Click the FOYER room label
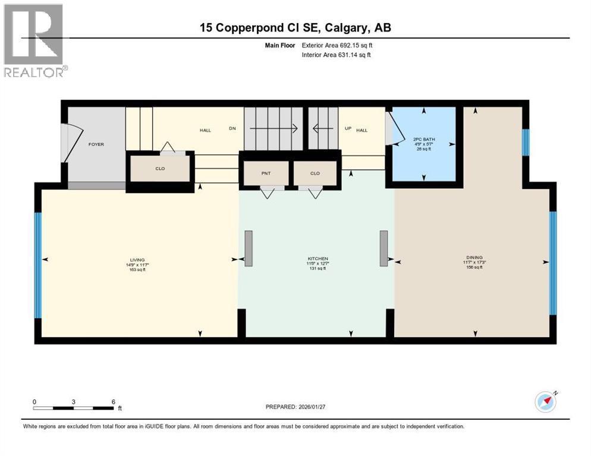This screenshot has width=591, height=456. (x=96, y=144)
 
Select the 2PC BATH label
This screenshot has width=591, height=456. (x=424, y=140)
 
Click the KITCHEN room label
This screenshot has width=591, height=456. (x=317, y=259)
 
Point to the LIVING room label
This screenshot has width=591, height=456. (x=138, y=259)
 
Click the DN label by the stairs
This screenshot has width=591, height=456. (x=233, y=128)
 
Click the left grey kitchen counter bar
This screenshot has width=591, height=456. (x=249, y=248)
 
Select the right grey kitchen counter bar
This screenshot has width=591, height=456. (x=384, y=248)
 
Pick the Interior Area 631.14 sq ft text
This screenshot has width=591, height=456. (x=340, y=55)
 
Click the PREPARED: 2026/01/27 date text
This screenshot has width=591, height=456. (x=296, y=407)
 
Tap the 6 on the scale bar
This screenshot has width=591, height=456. (x=113, y=401)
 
